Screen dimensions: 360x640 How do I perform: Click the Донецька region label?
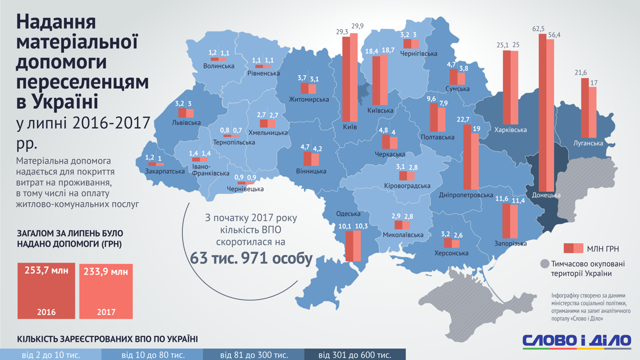pyautogui.click(x=546, y=195)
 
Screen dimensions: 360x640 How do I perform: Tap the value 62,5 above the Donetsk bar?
pyautogui.click(x=538, y=28)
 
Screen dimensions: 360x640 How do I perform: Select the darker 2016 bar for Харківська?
pyautogui.click(x=506, y=87)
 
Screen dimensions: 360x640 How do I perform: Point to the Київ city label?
pyautogui.click(x=350, y=127)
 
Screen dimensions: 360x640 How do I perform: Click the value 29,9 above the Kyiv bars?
pyautogui.click(x=358, y=26)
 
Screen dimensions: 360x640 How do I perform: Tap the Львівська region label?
pyautogui.click(x=186, y=122)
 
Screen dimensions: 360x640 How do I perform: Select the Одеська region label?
pyautogui.click(x=348, y=213)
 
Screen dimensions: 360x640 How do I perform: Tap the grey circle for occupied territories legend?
pyautogui.click(x=544, y=264)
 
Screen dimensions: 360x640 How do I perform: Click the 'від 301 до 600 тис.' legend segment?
pyautogui.click(x=355, y=355)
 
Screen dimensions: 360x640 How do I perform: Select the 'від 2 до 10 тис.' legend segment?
pyautogui.click(x=51, y=355)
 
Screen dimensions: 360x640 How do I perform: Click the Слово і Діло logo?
pyautogui.click(x=577, y=340)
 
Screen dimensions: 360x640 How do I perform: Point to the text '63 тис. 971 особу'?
pyautogui.click(x=251, y=258)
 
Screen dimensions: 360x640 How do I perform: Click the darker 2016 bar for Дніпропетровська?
pyautogui.click(x=467, y=157)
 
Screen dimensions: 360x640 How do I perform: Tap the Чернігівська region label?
pyautogui.click(x=419, y=53)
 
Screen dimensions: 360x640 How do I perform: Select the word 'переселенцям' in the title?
pyautogui.click(x=83, y=82)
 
